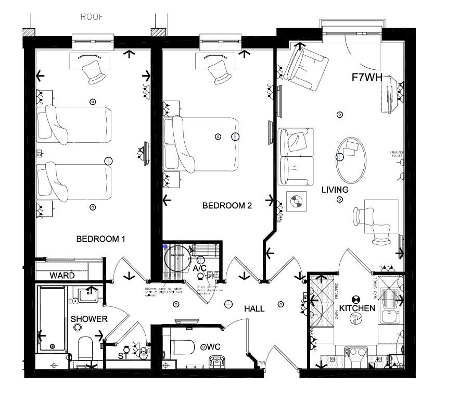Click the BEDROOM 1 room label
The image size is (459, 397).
pos(101,239)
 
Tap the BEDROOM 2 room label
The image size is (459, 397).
pos(227,206)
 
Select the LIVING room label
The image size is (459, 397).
pos(335,190)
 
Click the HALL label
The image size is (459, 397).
pos(254,309)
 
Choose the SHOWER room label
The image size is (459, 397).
pos(89,319)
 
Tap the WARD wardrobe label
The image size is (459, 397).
pos(62,276)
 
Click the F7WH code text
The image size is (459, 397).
pos(367,78)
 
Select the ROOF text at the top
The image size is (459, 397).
pos(92,17)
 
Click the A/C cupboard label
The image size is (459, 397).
pos(200,268)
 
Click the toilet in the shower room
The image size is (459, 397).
pos(84,348)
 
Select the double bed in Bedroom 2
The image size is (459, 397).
pos(201,145)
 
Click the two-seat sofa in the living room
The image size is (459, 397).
pos(296,156)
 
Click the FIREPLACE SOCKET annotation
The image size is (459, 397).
pos(397,154)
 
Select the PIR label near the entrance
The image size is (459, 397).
pos(262,363)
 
